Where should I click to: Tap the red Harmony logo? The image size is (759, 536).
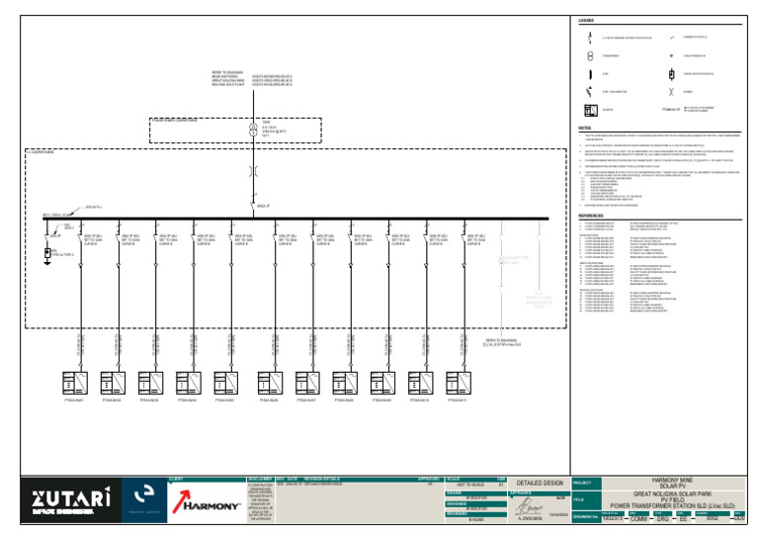point(206,504)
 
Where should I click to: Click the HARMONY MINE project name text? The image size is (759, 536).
point(667,480)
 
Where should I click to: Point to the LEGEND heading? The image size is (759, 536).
point(586,21)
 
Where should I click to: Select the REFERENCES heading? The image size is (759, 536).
point(591,215)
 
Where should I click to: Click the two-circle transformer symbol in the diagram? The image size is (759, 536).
point(252,130)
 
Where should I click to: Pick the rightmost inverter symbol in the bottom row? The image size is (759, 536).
point(458,382)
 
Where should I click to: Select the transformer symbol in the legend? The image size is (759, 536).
point(590,56)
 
